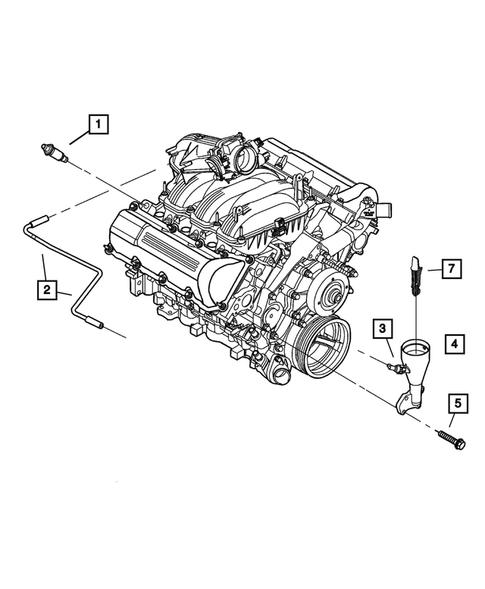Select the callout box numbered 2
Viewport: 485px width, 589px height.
pyautogui.click(x=47, y=290)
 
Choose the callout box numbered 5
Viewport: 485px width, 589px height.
pyautogui.click(x=457, y=404)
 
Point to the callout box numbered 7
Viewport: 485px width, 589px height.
pyautogui.click(x=451, y=267)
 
